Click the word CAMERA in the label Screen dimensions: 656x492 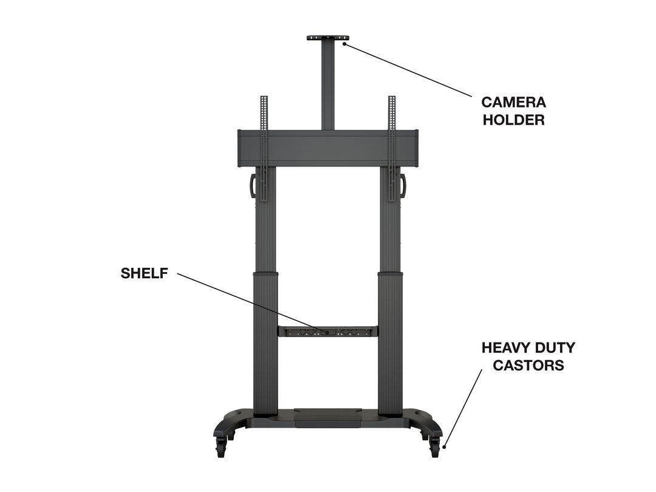pos(513,102)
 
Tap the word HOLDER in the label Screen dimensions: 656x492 pos(514,120)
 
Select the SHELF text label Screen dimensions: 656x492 pos(145,273)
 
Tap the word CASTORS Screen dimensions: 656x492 pos(528,365)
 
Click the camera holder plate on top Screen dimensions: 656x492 pos(327,38)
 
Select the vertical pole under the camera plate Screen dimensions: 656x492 pos(327,85)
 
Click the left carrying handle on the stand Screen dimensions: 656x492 pos(253,185)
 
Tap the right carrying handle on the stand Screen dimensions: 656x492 pos(403,185)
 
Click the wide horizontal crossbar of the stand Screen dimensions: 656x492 pos(328,149)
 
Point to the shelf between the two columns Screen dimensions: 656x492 pos(328,332)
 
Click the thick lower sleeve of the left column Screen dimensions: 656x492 pos(265,343)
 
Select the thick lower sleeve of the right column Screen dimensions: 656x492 pos(391,343)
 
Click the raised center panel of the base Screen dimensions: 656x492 pos(328,417)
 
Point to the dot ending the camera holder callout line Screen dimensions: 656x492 pos(344,43)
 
